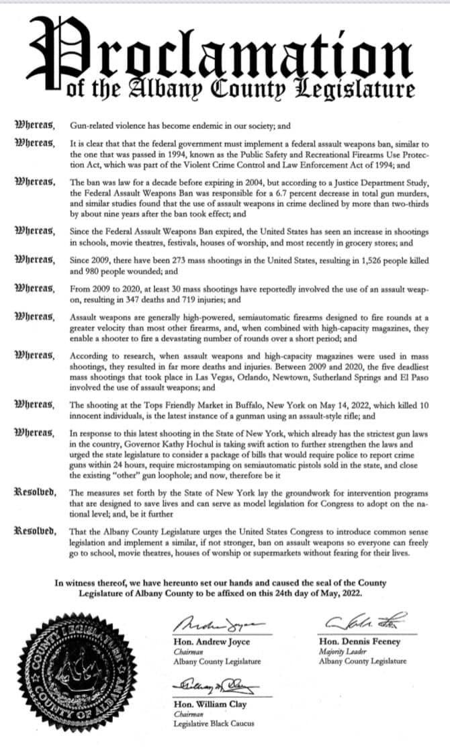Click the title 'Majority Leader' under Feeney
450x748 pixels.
pyautogui.click(x=341, y=651)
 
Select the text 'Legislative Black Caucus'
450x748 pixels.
pyautogui.click(x=214, y=724)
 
